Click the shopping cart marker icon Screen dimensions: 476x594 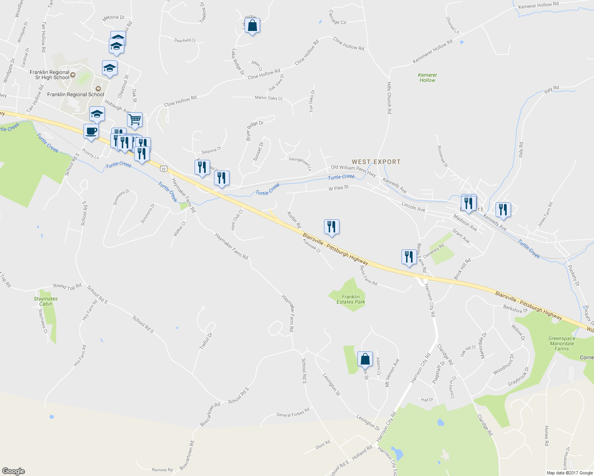click(x=135, y=119)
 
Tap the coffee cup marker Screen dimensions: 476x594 click(x=91, y=131)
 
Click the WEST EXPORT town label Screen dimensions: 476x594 click(x=376, y=162)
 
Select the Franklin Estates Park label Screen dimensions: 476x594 click(x=351, y=299)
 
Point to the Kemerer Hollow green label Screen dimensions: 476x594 click(x=427, y=77)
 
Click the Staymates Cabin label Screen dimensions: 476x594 click(x=46, y=301)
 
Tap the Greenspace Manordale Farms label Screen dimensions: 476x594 click(x=561, y=344)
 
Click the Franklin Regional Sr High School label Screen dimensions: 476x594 click(x=50, y=75)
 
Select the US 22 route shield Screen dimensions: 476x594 click(x=164, y=169)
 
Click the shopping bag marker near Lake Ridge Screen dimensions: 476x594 click(x=252, y=25)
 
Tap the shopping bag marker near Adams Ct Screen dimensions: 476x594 click(x=365, y=359)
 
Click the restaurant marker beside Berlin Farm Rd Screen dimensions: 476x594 click(x=409, y=257)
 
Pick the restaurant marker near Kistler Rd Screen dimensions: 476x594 click(x=332, y=227)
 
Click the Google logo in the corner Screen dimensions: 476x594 click(x=13, y=471)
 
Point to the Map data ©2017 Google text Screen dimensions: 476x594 click(x=569, y=473)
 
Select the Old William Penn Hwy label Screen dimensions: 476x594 click(x=353, y=171)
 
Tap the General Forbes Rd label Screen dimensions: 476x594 click(x=293, y=413)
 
